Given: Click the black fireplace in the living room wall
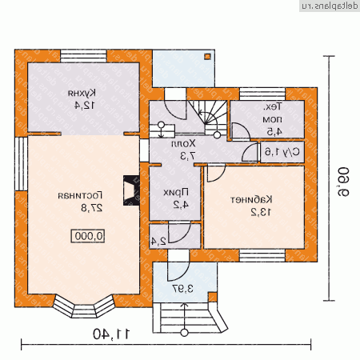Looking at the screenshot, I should click(127, 190).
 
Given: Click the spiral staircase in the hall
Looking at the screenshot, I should click(210, 117).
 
